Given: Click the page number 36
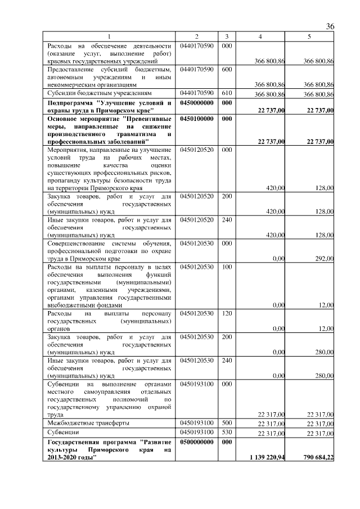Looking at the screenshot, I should click(330, 27).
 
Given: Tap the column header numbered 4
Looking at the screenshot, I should click(259, 37).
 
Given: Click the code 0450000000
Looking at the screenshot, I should click(196, 103).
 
